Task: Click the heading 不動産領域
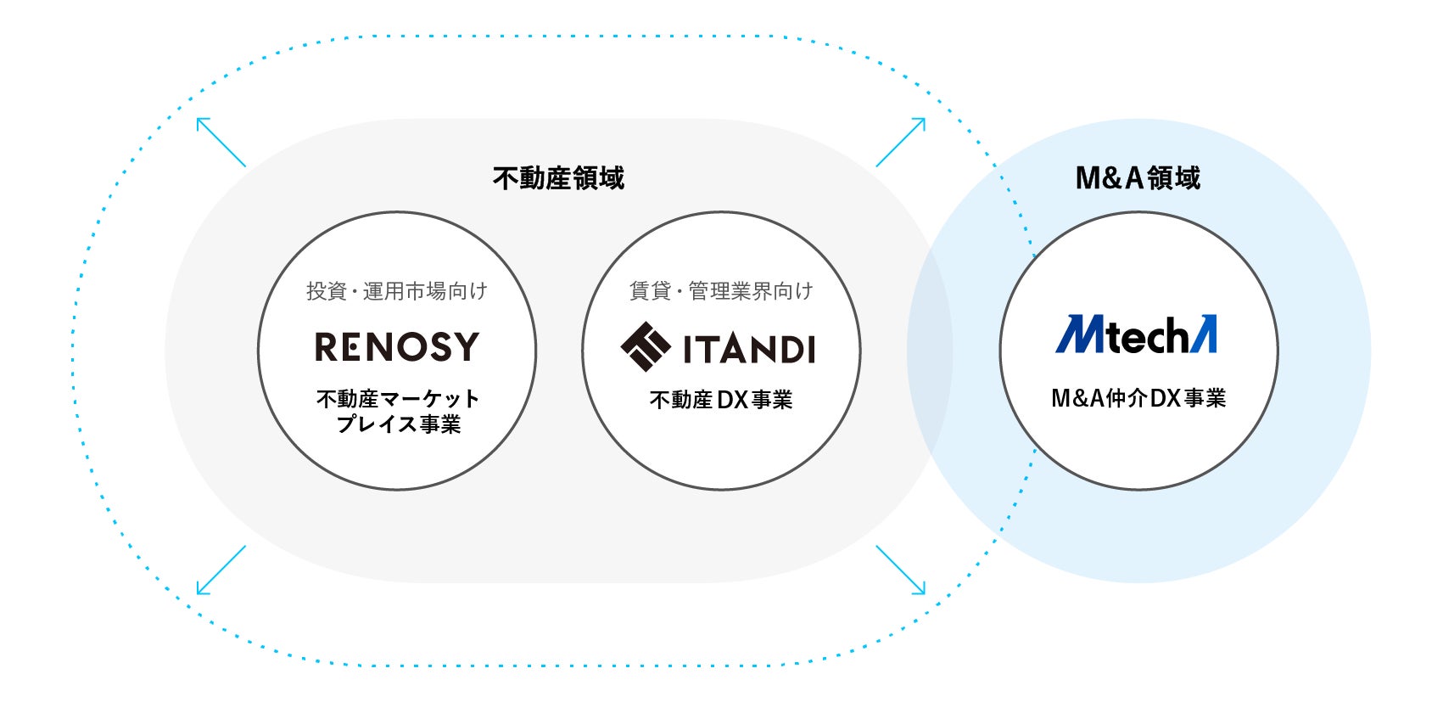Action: point(558,178)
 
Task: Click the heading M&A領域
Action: point(1138,178)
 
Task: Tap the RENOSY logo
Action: point(397,346)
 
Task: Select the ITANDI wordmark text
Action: point(749,349)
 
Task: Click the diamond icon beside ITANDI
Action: point(646,346)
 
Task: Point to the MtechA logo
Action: point(1136,334)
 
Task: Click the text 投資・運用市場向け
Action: point(397,291)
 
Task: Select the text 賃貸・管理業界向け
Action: point(721,291)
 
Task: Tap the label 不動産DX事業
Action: point(721,400)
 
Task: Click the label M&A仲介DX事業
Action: point(1138,398)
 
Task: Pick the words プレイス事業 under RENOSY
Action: point(398,424)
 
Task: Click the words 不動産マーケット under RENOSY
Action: point(398,398)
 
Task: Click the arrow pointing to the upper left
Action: point(221,142)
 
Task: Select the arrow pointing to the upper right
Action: point(901,142)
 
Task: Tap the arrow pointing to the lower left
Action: point(221,570)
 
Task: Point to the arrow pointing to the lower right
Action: point(901,570)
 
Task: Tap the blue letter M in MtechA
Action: point(1078,334)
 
